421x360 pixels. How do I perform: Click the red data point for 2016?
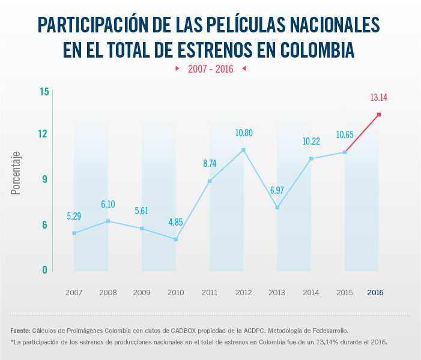tap(379, 114)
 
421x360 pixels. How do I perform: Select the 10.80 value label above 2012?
tap(243, 133)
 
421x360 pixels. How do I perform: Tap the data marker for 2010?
tap(175, 239)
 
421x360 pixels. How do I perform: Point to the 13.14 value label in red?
tap(379, 97)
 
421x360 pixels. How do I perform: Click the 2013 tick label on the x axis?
tap(277, 293)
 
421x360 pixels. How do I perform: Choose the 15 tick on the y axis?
tap(44, 92)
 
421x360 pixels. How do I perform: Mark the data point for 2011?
tap(210, 181)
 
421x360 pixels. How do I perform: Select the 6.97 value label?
tap(277, 191)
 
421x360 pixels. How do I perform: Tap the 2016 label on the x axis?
tap(375, 293)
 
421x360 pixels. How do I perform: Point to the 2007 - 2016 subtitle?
tap(210, 69)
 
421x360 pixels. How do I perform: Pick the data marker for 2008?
tap(108, 221)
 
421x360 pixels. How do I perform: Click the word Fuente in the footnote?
tap(20, 331)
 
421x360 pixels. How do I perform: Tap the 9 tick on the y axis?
tap(44, 179)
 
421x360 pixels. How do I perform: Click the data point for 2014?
tap(311, 158)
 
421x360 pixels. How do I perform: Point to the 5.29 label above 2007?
tap(74, 216)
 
